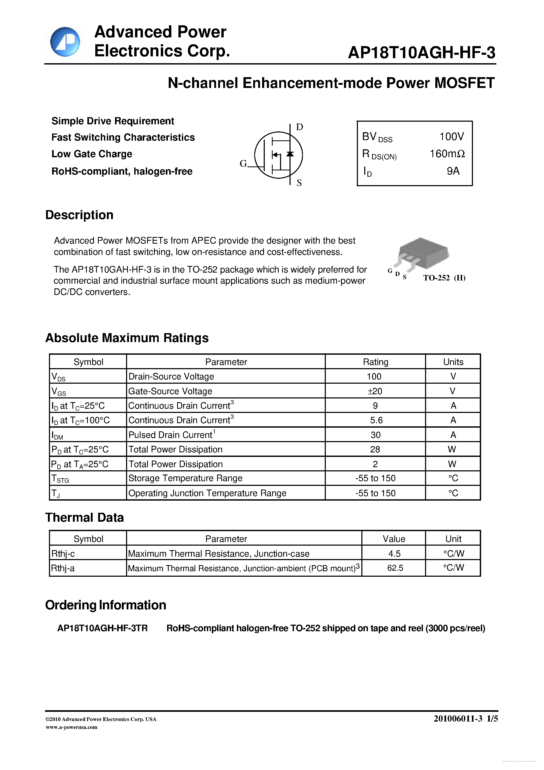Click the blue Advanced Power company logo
(x=65, y=42)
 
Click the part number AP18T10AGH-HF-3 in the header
(x=421, y=53)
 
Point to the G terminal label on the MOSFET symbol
(x=243, y=164)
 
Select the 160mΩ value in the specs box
(x=447, y=154)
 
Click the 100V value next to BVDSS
(x=451, y=136)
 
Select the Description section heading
(x=79, y=215)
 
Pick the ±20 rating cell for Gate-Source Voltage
(x=375, y=391)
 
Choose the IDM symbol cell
(x=57, y=435)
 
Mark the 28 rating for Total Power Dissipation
(x=375, y=450)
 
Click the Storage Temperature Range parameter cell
(x=185, y=478)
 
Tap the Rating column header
(x=375, y=362)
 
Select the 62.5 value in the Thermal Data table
(x=395, y=568)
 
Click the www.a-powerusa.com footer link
(x=71, y=727)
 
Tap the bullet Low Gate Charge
(x=92, y=154)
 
